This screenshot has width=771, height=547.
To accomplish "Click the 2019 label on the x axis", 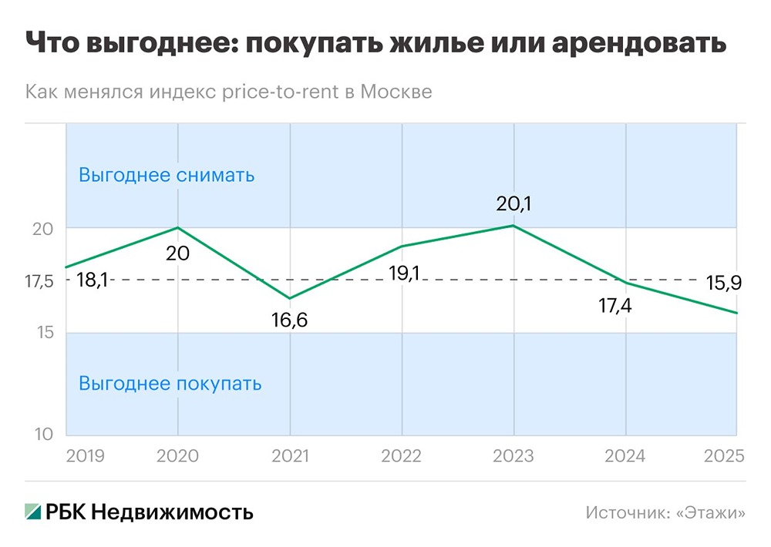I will [x=85, y=455].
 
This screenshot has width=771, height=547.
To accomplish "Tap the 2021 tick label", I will [x=290, y=455].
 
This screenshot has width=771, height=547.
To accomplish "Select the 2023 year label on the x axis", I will [x=513, y=455].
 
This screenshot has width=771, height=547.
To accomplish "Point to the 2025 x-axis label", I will [x=724, y=455].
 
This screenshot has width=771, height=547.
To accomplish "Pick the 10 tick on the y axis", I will [x=45, y=435].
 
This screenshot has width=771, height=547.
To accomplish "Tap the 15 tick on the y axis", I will [x=45, y=333].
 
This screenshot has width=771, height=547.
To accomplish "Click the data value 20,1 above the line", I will [x=513, y=204].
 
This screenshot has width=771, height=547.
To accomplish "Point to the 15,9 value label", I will [x=724, y=283].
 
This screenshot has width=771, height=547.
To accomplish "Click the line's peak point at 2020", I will [x=178, y=227].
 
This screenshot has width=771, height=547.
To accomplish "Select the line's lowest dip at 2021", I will [x=290, y=298].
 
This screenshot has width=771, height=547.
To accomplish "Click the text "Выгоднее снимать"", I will [x=167, y=175].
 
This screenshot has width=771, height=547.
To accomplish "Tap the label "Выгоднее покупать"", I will [x=170, y=383].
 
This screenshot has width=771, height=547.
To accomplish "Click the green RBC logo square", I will [x=33, y=512].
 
